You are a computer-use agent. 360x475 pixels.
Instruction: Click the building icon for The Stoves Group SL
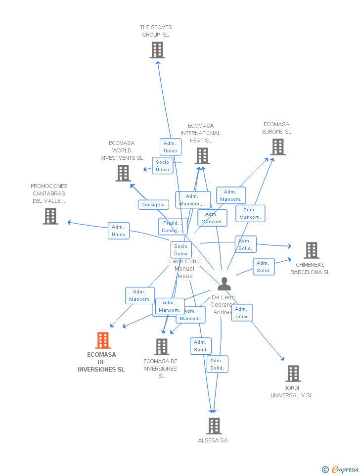coord(157,50)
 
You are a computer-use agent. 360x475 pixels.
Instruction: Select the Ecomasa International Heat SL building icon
coord(202,156)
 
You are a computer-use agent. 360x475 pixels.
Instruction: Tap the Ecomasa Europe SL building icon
coord(277,147)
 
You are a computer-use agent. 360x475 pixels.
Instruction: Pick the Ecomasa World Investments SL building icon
coord(123,173)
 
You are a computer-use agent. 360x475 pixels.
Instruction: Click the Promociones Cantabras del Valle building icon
coord(50,216)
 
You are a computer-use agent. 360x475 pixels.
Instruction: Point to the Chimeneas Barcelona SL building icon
coord(311,250)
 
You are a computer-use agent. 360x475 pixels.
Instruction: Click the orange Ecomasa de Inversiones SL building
coord(102,340)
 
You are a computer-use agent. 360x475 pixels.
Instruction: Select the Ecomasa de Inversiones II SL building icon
coord(161,347)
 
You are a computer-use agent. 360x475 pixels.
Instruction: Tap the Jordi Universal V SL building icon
coord(293,374)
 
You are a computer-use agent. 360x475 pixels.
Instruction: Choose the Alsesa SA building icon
coord(214,426)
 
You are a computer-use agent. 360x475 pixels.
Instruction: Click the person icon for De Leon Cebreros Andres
coord(224,284)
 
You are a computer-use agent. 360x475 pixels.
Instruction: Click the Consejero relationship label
coord(153,205)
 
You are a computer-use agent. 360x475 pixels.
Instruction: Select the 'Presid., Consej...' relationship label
coord(173,227)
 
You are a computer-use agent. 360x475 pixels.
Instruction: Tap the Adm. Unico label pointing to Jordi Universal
coord(242,313)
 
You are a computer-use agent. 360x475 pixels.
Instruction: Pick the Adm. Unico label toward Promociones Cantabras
coord(119,231)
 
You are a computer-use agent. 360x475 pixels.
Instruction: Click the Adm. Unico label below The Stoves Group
coord(171,147)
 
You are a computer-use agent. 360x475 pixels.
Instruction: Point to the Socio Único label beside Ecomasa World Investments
coord(163,166)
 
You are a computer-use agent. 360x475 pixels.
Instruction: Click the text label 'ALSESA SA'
coord(213,440)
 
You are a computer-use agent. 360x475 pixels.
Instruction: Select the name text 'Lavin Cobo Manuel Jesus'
coord(184,269)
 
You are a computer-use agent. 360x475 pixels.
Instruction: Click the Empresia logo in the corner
coord(341,469)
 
